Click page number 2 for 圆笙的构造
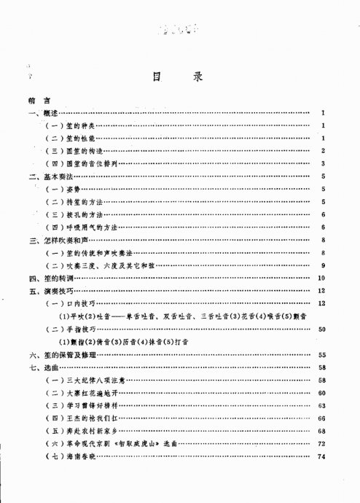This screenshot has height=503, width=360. coord(321,150)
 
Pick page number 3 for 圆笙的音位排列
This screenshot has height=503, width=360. coord(321,163)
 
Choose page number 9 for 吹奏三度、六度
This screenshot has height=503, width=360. coord(321,265)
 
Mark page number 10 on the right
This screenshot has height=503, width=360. coord(321,277)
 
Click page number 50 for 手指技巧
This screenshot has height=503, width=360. coord(321,328)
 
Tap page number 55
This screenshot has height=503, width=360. coord(321,354)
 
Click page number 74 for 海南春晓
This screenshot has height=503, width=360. coord(321,456)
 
